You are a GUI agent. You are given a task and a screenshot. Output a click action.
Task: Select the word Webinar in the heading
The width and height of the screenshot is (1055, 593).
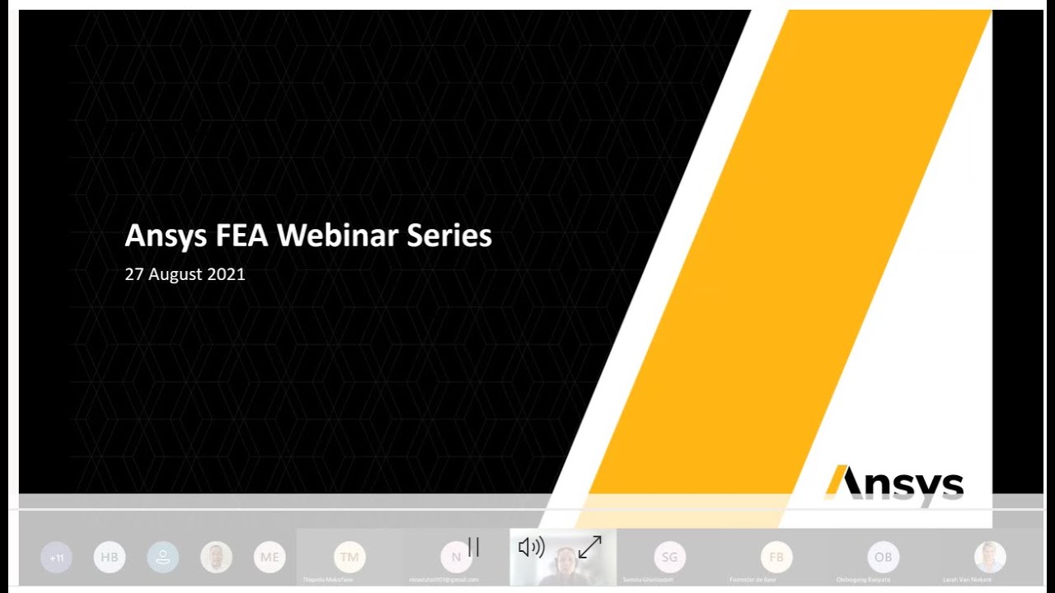click(x=338, y=236)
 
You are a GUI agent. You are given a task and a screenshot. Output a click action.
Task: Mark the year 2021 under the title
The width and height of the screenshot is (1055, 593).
click(x=226, y=274)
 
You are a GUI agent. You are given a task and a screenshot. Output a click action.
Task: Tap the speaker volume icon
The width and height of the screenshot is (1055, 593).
click(x=532, y=547)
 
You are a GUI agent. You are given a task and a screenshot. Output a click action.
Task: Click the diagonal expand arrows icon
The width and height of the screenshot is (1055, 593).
click(x=590, y=547)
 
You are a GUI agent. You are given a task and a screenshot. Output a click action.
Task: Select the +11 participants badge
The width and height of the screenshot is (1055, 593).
click(x=56, y=558)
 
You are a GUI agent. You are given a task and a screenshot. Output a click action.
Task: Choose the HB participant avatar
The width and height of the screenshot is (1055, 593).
click(x=110, y=558)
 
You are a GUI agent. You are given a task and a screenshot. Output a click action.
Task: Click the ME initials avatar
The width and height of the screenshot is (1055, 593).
click(x=270, y=558)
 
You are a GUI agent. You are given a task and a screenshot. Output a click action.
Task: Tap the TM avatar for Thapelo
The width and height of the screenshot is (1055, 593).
click(x=349, y=558)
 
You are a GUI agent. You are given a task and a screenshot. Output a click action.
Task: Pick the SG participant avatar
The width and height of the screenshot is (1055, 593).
click(x=669, y=558)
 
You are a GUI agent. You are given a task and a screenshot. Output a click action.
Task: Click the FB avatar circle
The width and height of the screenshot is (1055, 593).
click(x=776, y=558)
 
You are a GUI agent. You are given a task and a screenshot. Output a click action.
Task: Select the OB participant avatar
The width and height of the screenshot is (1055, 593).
click(x=883, y=558)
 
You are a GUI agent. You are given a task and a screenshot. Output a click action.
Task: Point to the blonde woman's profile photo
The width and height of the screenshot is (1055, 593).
click(x=990, y=558)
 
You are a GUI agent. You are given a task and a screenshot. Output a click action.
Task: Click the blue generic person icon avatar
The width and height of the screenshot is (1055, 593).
click(x=163, y=558)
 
